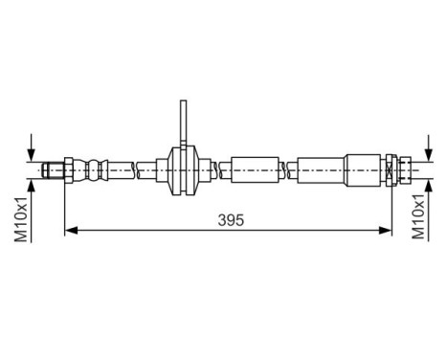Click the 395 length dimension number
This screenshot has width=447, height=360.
[231, 219]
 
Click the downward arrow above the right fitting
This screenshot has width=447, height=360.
[418, 149]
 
